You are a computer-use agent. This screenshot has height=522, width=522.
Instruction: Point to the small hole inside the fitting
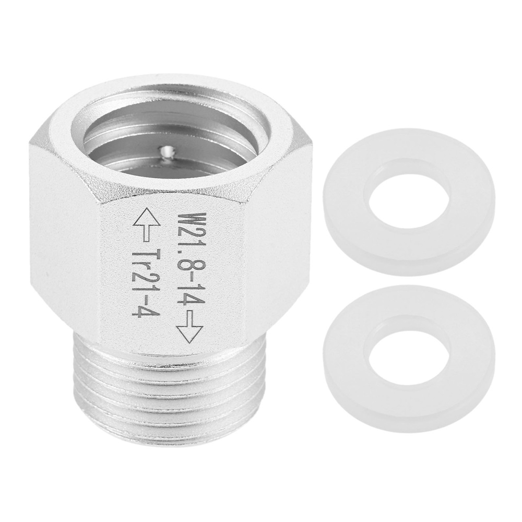coord(166,151)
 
